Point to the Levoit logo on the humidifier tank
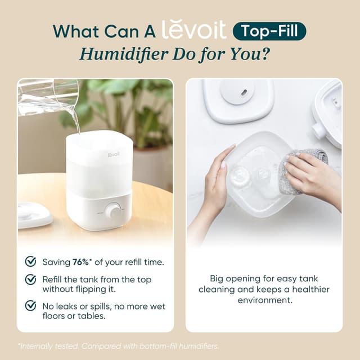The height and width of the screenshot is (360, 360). tap(114, 152)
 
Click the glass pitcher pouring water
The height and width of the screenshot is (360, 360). tap(48, 96)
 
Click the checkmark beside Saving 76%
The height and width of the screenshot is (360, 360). tap(30, 262)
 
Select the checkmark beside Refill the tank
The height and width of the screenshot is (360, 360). tap(30, 280)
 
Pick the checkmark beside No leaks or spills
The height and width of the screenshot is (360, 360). tap(30, 305)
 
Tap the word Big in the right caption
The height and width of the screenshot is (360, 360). tap(218, 278)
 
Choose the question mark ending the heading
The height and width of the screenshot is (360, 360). tap(276, 53)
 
